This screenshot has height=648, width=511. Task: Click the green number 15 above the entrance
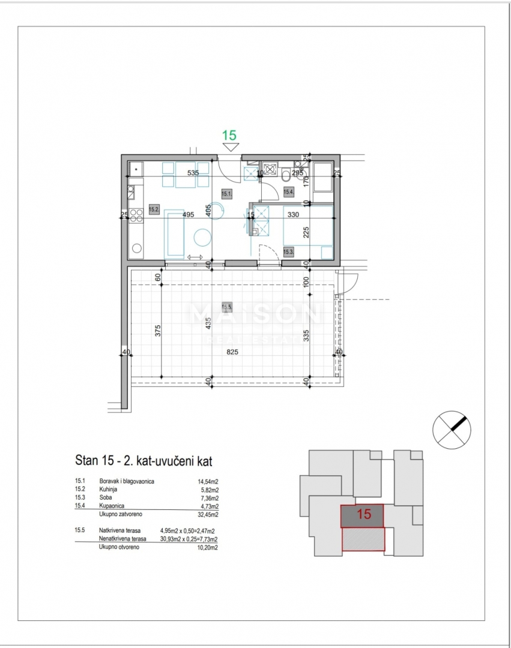pyautogui.click(x=229, y=135)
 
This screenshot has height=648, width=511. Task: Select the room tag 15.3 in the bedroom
pyautogui.click(x=288, y=252)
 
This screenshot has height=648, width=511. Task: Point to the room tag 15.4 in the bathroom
pyautogui.click(x=288, y=192)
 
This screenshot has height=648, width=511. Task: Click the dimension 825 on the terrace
pyautogui.click(x=232, y=352)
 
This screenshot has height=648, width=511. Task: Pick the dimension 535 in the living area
pyautogui.click(x=193, y=173)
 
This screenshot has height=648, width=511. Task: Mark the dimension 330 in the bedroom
pyautogui.click(x=294, y=214)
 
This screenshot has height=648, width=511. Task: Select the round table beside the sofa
pyautogui.click(x=203, y=238)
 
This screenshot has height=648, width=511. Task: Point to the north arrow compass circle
pyautogui.click(x=452, y=429)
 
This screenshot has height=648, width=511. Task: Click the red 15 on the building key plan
pyautogui.click(x=363, y=514)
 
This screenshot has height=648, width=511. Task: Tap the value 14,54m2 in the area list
pyautogui.click(x=208, y=481)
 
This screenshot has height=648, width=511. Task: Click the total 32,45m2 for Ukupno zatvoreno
pyautogui.click(x=208, y=514)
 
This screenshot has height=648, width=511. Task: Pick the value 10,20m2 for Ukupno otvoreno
pyautogui.click(x=208, y=547)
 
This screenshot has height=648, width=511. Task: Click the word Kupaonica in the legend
pyautogui.click(x=112, y=506)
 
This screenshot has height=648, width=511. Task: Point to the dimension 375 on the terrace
pyautogui.click(x=157, y=331)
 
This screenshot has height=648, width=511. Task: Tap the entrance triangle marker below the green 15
pyautogui.click(x=230, y=146)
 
